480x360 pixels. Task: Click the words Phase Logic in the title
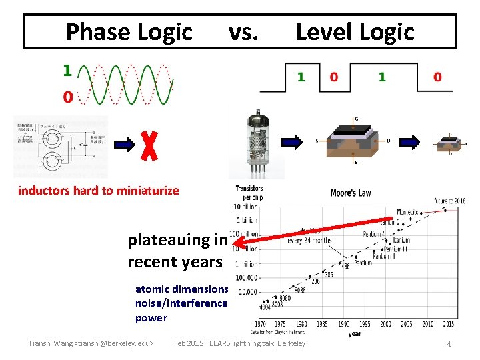(129, 31)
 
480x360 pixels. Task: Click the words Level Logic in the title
(355, 31)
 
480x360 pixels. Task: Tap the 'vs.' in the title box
(243, 31)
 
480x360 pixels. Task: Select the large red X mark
(151, 144)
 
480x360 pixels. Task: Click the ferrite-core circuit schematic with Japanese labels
(61, 147)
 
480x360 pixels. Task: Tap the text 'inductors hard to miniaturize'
(99, 191)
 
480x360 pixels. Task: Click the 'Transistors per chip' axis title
(249, 193)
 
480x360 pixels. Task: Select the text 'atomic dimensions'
(181, 289)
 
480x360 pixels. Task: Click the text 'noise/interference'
(181, 303)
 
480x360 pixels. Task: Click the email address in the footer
(115, 343)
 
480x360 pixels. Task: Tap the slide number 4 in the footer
(449, 344)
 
